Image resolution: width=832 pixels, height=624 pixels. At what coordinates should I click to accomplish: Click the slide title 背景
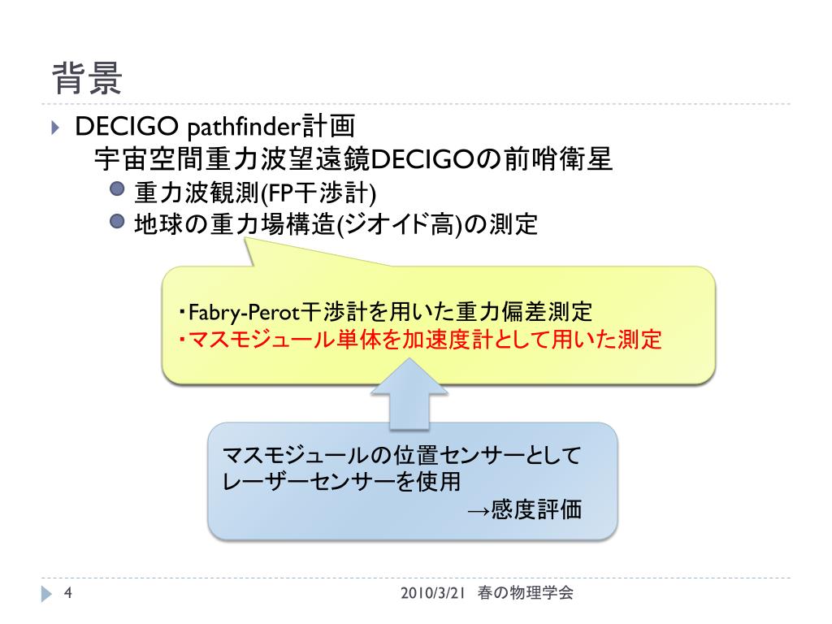(x=88, y=79)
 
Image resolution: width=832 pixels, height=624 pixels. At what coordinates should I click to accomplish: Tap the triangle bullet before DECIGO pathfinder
(x=54, y=128)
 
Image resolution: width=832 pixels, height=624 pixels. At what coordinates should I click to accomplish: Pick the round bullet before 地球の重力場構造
(x=117, y=221)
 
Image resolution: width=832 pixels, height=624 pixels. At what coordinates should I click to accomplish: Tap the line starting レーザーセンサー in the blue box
(x=340, y=482)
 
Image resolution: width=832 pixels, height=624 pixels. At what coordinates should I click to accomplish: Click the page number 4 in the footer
(x=68, y=593)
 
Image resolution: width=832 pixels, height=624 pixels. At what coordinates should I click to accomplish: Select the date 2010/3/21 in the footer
(x=432, y=593)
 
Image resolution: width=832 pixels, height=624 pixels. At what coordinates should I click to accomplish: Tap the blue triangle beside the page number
(x=46, y=594)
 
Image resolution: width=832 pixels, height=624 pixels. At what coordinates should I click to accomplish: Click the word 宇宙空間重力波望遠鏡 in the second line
(x=232, y=159)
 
